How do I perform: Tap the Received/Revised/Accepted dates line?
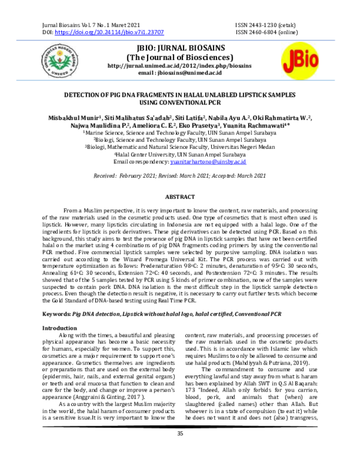pos(179,175)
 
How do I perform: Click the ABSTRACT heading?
pos(180,198)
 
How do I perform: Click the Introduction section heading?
pos(59,328)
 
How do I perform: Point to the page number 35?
pos(179,450)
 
